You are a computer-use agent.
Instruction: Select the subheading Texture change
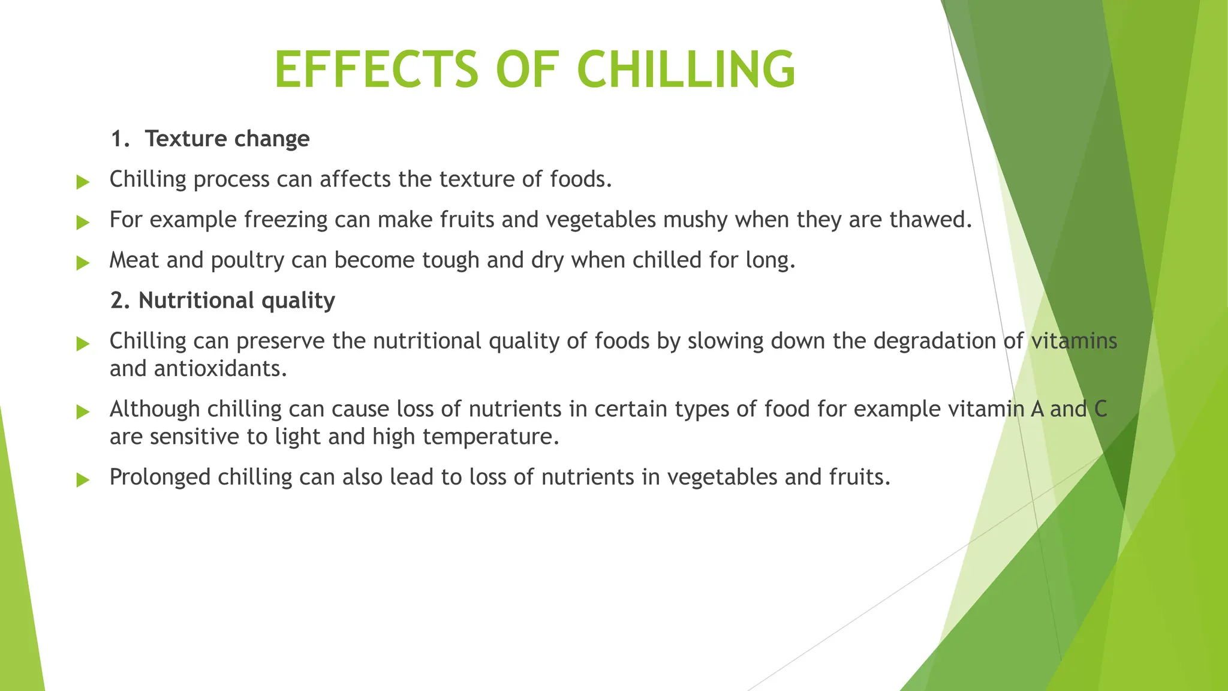[227, 139]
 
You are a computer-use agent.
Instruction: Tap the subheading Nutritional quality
[236, 301]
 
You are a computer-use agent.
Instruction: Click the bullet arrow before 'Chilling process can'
[83, 182]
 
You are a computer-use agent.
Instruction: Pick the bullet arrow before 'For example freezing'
[83, 223]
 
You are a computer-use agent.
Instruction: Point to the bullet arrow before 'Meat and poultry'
[83, 263]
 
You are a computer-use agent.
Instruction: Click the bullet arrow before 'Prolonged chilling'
[83, 480]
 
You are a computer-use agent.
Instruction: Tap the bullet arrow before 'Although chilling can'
[83, 411]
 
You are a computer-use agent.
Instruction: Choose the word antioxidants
[220, 368]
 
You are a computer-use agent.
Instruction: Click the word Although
[155, 409]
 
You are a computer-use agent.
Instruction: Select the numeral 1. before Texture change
[120, 139]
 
